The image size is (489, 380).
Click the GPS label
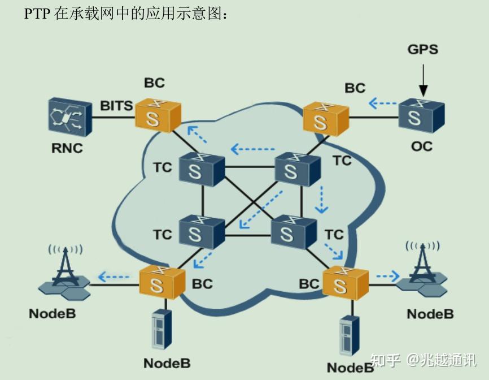point(422,49)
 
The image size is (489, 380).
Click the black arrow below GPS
point(423,82)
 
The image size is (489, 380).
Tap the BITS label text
point(116,106)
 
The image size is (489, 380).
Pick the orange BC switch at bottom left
point(162,283)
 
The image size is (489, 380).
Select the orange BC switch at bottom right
point(345,282)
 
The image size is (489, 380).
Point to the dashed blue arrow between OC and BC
point(382,103)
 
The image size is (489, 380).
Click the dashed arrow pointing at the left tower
point(113,277)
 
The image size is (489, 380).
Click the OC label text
point(421,146)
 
